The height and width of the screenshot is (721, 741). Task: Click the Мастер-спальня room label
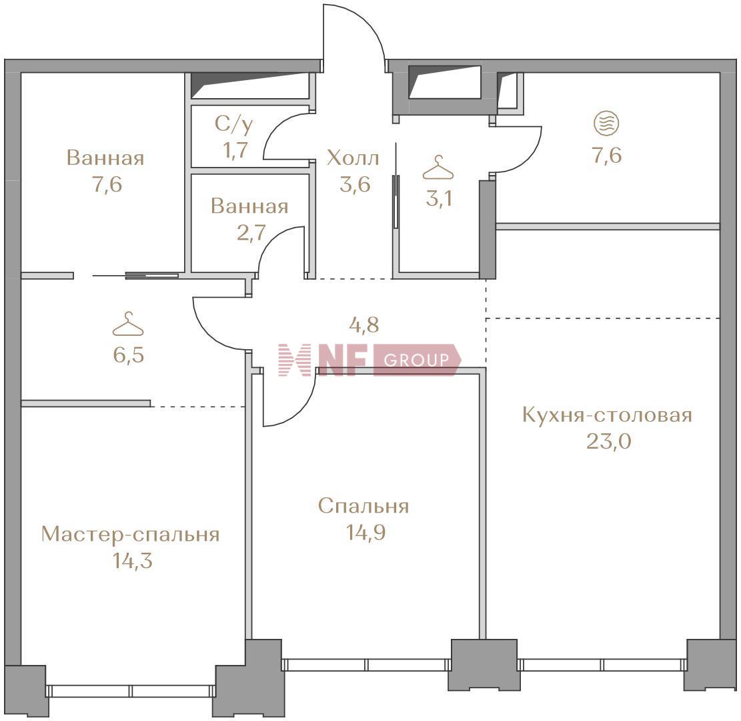coord(131,535)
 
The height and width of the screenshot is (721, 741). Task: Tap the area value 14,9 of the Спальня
coord(365,533)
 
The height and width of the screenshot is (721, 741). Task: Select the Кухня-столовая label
coord(607,415)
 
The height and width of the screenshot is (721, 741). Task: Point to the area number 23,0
coord(609,442)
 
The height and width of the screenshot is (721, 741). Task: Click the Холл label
coord(353,158)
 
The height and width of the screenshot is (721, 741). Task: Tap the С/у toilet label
coord(234,124)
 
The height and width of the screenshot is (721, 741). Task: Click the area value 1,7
coord(235,150)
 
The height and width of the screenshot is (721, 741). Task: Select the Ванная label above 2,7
coord(249,207)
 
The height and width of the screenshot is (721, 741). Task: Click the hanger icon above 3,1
coord(438,168)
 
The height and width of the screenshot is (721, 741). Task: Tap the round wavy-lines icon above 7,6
coord(607,124)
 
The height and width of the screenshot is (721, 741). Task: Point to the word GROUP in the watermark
coord(416,360)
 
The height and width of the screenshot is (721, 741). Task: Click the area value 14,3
coord(132,561)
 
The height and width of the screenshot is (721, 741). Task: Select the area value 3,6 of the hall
coord(355,184)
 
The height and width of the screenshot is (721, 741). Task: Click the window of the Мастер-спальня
coord(131,691)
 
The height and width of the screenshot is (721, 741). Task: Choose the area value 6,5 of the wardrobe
coord(129,354)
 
